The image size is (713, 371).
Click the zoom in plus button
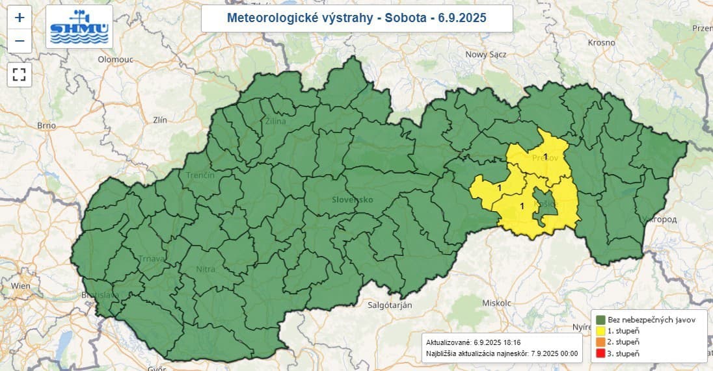tap(20, 18)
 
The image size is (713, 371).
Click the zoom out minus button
tap(20, 41)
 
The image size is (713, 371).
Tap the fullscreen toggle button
tap(20, 74)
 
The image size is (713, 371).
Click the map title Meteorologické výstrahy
tap(356, 18)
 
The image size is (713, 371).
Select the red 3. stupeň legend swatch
tap(600, 353)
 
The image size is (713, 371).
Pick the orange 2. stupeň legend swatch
tap(600, 342)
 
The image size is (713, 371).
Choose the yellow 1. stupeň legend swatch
tap(600, 331)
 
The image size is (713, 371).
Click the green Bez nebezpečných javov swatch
tap(600, 320)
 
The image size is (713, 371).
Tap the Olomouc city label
tap(115, 59)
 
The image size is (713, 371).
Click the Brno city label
tap(47, 125)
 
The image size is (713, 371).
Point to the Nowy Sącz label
tap(485, 55)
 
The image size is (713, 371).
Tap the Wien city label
tap(21, 286)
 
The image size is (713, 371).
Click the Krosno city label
tap(600, 42)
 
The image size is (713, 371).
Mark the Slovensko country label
tap(352, 199)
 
